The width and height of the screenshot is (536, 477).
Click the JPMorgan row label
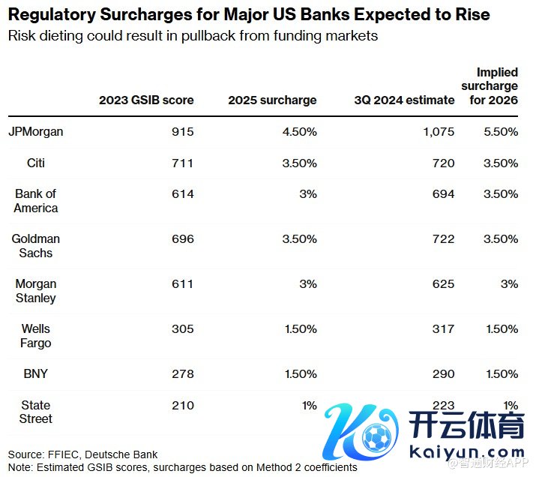point(36,131)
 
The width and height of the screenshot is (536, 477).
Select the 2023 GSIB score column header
point(146,100)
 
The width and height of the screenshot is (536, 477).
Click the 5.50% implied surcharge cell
point(500,131)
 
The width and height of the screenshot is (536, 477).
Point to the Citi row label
point(36,163)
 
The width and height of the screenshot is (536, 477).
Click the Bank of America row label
point(36,201)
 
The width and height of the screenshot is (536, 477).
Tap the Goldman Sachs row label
point(36,246)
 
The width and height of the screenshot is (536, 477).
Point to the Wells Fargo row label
point(36,336)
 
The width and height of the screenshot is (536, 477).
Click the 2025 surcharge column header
point(272,100)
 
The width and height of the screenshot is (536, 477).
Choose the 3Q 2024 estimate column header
point(406,100)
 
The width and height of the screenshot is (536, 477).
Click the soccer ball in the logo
point(375,436)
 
